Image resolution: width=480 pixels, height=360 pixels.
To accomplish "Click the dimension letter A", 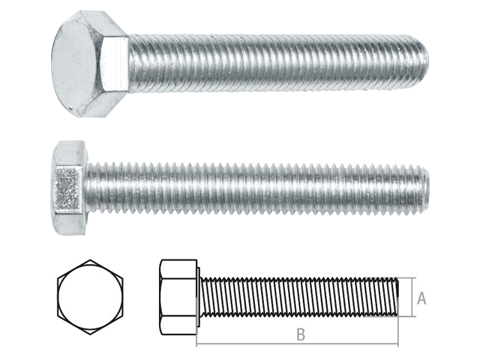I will pyautogui.click(x=421, y=298).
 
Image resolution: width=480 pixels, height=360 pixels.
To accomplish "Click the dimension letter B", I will pyautogui.click(x=301, y=334).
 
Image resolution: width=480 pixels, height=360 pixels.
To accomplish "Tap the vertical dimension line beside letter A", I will pyautogui.click(x=412, y=298).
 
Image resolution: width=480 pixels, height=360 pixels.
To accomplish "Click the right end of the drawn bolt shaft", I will pyautogui.click(x=397, y=298).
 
